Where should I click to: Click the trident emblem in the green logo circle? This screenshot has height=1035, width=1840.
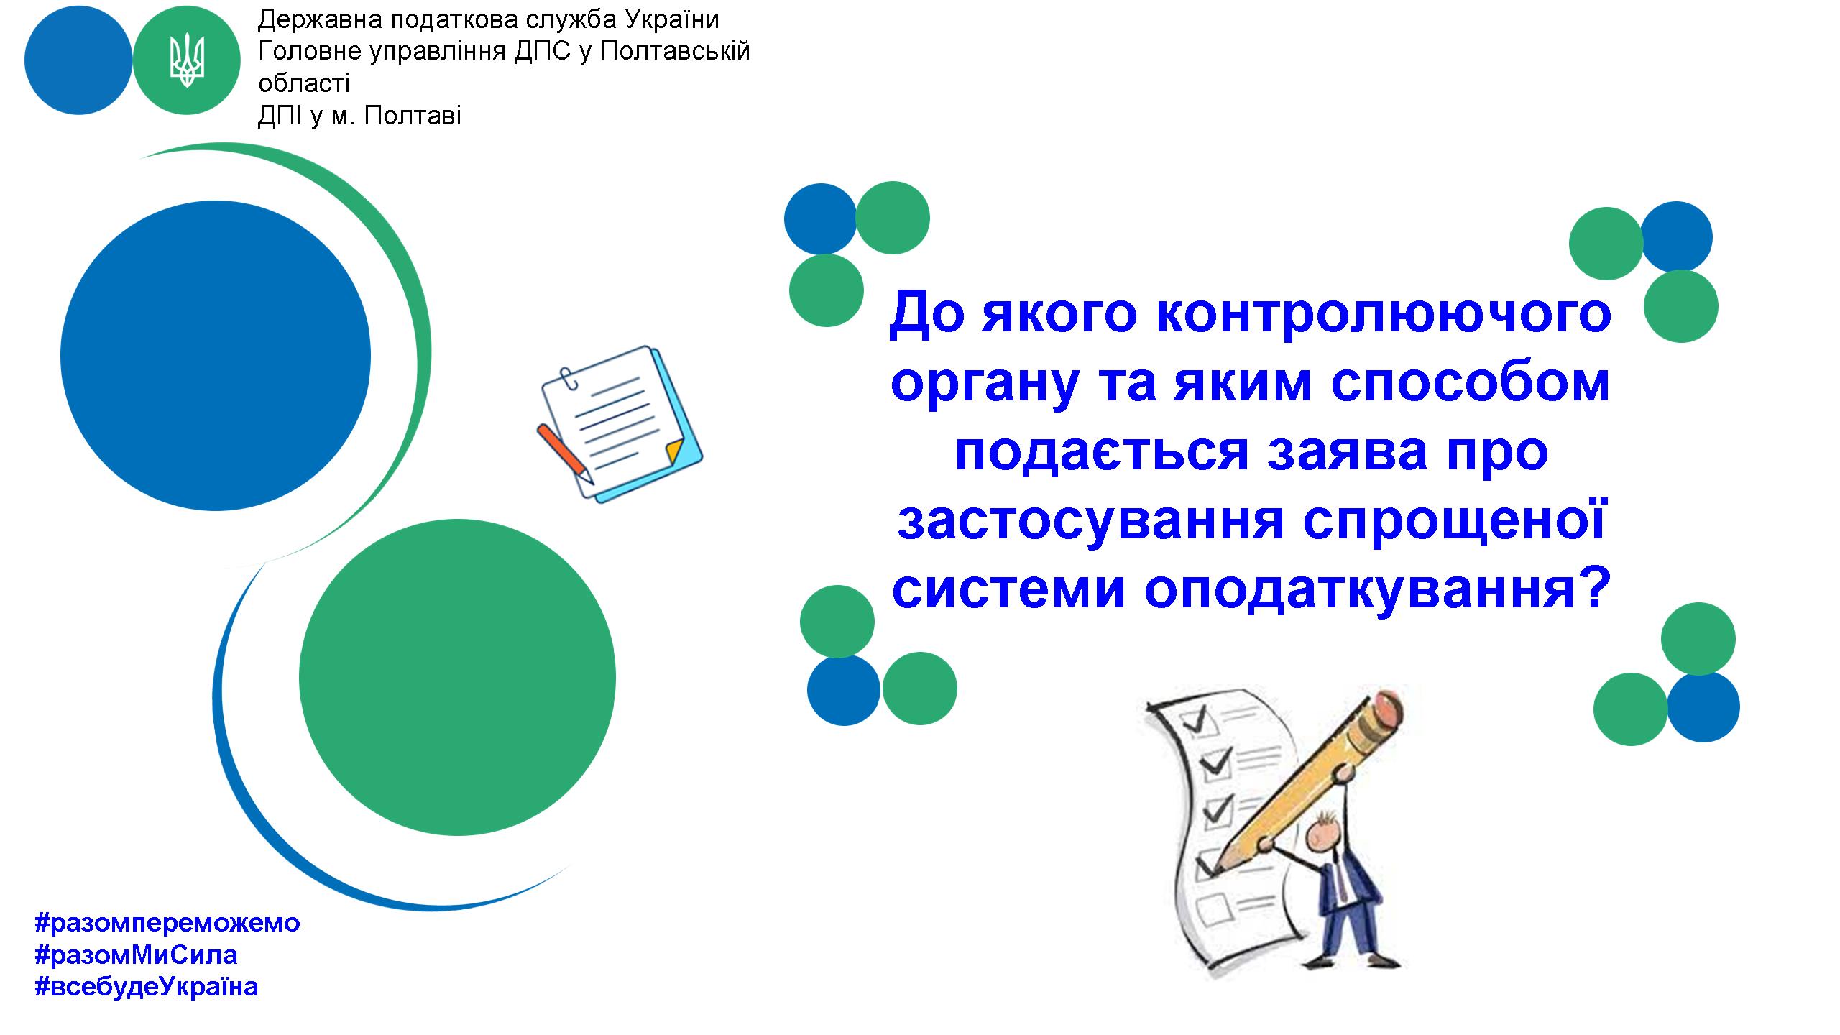187,61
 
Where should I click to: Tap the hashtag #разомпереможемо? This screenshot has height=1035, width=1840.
167,922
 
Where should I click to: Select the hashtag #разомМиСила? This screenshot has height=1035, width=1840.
136,954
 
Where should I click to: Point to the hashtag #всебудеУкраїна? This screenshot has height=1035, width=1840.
146,987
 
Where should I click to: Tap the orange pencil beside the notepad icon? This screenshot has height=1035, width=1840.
566,453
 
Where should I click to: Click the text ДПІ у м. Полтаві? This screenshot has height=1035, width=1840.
359,116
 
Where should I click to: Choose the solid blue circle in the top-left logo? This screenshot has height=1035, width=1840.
78,61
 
